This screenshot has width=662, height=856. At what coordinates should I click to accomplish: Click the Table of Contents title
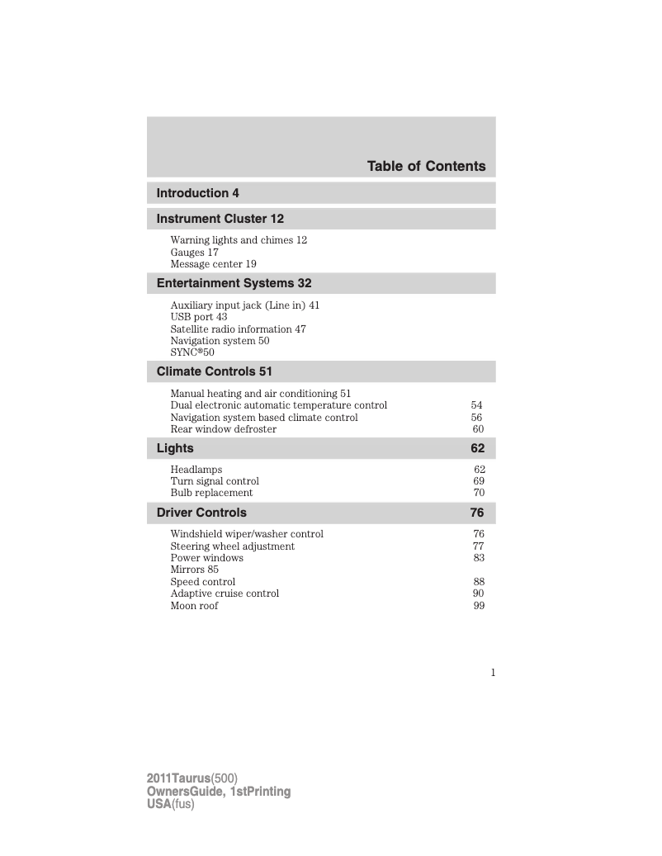point(426,166)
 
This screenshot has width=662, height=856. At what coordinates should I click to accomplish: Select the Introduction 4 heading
point(198,193)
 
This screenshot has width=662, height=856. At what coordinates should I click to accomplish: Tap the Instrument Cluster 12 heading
point(220,219)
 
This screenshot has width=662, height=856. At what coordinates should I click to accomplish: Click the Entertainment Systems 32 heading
point(234,283)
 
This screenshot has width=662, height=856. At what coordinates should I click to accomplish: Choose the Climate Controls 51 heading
point(215,371)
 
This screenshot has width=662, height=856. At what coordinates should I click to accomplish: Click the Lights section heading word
point(175,448)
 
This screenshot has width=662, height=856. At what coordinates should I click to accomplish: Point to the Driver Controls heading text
point(201,513)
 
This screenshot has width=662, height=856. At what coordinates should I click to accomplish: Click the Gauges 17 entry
point(195,252)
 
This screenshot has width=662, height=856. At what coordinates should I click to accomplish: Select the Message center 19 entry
point(213,264)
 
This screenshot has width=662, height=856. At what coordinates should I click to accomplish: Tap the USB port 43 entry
point(199,317)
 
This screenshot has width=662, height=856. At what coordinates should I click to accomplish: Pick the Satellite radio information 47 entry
point(238,329)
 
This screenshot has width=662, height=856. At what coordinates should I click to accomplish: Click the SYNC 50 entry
point(192,352)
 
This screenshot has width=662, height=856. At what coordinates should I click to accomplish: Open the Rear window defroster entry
point(224,429)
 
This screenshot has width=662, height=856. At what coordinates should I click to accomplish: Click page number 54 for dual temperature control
point(477,405)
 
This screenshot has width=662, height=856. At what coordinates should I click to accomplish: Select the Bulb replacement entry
point(211,493)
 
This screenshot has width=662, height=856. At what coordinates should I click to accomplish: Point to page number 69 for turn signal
point(479,480)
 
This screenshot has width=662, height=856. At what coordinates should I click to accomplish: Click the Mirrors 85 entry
point(195,570)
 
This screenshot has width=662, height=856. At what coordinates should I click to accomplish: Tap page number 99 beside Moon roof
point(479,606)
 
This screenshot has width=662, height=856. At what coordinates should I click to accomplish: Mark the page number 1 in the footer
point(493,673)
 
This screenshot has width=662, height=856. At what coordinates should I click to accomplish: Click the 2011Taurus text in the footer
point(178,778)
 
